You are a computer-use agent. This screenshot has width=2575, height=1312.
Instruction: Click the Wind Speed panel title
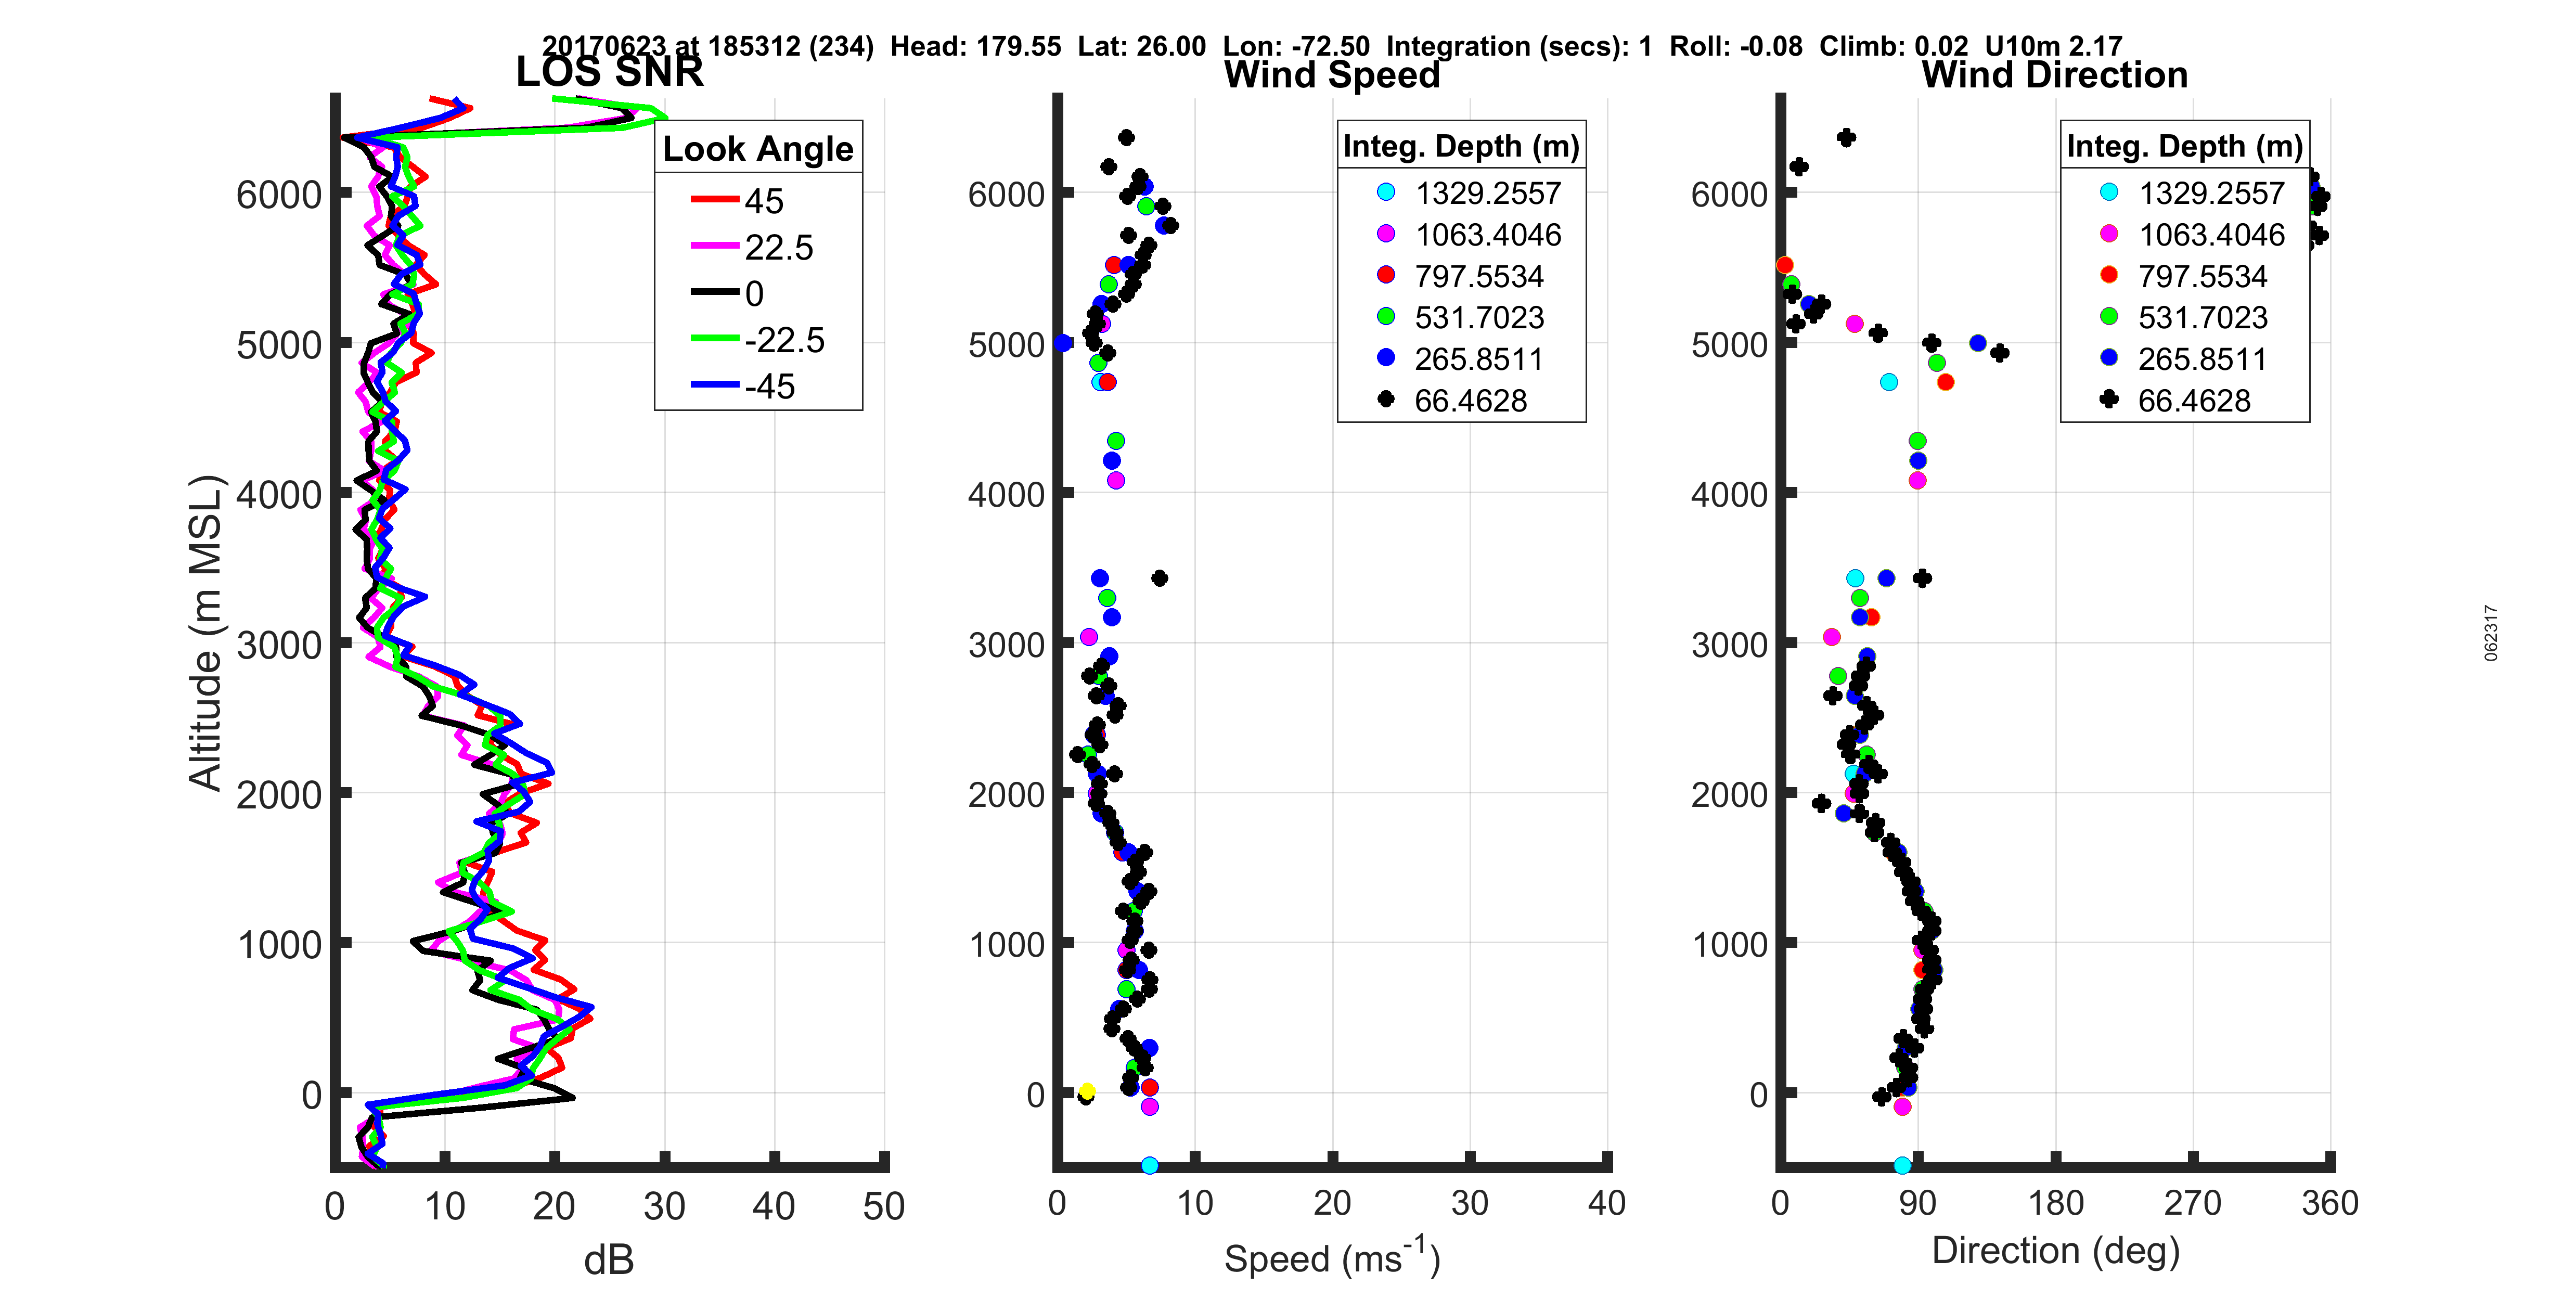1332,75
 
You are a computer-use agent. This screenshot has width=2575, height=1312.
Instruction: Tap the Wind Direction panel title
2054,75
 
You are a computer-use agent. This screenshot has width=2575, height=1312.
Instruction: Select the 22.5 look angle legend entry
778,247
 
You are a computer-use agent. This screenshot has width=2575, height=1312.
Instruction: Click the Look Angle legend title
758,149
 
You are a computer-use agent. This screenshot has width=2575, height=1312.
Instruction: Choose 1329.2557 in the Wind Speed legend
1486,193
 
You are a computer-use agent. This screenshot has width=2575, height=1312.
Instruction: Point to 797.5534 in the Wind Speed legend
1478,276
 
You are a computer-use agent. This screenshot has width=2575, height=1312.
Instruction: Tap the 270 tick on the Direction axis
2192,1203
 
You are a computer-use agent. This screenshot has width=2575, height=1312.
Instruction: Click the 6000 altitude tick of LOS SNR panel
279,194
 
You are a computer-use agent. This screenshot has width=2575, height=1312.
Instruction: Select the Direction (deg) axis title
2054,1251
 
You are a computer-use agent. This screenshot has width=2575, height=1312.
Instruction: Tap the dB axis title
609,1260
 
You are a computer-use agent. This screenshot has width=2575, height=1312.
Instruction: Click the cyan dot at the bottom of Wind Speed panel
1150,1165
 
